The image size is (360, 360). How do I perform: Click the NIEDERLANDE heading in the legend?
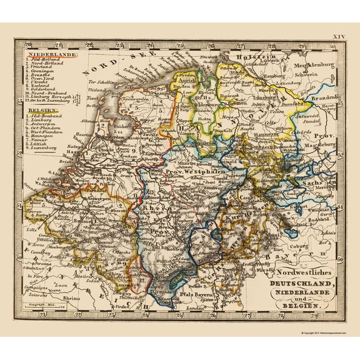pos(51,56)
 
